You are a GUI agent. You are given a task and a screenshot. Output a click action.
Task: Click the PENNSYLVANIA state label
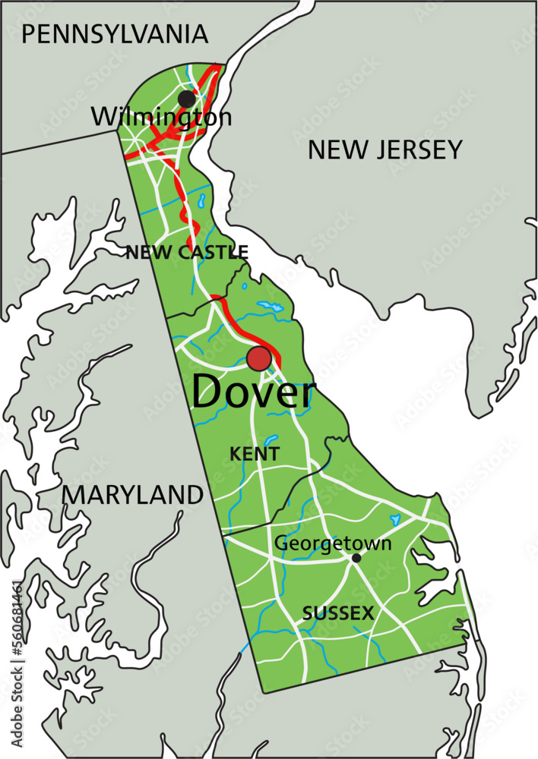click(x=115, y=34)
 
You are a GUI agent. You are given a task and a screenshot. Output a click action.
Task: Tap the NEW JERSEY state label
click(x=385, y=150)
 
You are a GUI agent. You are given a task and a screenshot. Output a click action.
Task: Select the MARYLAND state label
click(x=133, y=495)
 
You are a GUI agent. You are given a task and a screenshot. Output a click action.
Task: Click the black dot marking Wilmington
click(x=186, y=99)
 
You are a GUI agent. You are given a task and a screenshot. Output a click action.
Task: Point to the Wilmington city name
click(x=161, y=118)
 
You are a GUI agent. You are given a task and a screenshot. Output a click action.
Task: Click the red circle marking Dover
click(x=259, y=359)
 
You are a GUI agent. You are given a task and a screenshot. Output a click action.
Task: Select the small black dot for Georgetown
click(x=356, y=558)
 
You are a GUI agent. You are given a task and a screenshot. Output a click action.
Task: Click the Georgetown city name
click(x=333, y=543)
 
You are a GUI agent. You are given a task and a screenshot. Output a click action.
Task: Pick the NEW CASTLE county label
click(x=187, y=252)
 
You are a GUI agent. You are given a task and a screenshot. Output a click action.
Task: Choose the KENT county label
click(x=255, y=454)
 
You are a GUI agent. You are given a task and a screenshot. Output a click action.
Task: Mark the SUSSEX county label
click(x=338, y=613)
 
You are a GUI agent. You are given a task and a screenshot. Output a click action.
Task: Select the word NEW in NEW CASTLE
click(x=143, y=252)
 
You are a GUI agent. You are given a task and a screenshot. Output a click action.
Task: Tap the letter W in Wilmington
click(x=103, y=118)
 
